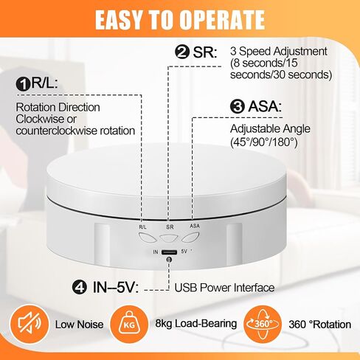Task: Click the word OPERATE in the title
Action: tap(222, 20)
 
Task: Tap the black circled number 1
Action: tap(24, 84)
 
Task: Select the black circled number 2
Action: tap(182, 52)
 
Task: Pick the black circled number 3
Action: tap(238, 106)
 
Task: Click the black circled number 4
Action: tap(80, 287)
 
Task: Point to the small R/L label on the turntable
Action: tap(142, 227)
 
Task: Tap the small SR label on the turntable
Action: tap(170, 227)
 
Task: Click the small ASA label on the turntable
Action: tap(195, 226)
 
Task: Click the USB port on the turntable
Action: tap(169, 252)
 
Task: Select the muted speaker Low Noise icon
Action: tap(30, 325)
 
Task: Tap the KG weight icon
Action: tap(129, 325)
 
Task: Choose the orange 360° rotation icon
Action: tap(263, 325)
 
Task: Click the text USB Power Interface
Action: tap(224, 288)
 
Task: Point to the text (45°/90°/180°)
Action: tap(263, 142)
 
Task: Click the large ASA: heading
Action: tap(265, 106)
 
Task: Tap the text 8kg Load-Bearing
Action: tap(196, 324)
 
